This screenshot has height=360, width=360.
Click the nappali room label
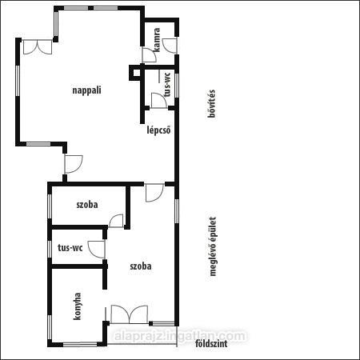tap(86, 90)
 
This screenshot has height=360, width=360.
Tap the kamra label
tap(157, 39)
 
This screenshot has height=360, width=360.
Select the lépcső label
tap(158, 130)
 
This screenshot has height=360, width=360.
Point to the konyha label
tap(77, 306)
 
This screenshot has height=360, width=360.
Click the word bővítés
tap(211, 103)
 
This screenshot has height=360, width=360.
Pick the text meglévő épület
tap(213, 246)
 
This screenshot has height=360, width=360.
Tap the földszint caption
tap(211, 343)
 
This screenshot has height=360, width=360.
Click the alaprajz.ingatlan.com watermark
tap(180, 336)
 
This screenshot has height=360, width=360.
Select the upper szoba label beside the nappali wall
tap(87, 205)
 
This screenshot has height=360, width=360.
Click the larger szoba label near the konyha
tap(141, 266)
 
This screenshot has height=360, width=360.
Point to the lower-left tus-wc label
tap(70, 247)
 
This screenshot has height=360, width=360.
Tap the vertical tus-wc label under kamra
tap(167, 85)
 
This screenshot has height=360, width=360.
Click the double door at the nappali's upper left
tap(38, 47)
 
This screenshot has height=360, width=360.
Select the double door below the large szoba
tap(130, 314)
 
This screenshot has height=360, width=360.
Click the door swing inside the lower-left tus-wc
tap(97, 250)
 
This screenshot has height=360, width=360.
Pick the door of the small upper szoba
tap(116, 221)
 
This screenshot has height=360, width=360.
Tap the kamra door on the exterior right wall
tap(170, 46)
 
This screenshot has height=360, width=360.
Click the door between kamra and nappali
tap(150, 55)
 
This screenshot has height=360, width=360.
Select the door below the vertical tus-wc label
tap(159, 101)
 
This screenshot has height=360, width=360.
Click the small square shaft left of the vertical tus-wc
tap(136, 73)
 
